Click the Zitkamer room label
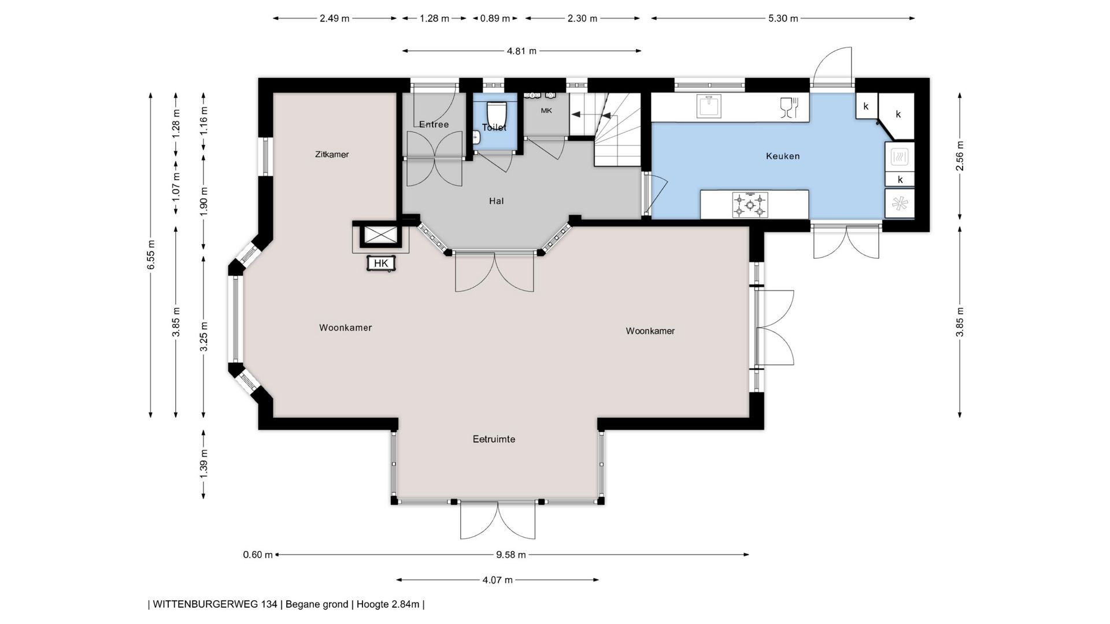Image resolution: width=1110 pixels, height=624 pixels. click(332, 154)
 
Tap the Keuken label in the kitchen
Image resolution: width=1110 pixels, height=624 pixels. click(783, 156)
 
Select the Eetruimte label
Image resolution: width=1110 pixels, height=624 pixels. click(494, 439)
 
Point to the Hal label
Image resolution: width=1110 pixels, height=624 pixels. click(496, 201)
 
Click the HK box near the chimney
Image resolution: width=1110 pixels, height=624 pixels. click(381, 263)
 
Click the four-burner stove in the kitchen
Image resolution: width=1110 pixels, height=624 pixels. click(750, 205)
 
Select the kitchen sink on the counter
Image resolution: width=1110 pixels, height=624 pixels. click(708, 106)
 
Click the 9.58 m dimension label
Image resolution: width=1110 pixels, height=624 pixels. click(511, 555)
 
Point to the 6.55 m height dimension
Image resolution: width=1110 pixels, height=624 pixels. click(151, 255)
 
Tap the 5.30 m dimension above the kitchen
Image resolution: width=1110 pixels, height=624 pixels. click(783, 18)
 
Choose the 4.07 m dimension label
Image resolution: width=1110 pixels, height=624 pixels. click(497, 580)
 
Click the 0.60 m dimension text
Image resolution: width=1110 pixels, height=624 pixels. click(257, 555)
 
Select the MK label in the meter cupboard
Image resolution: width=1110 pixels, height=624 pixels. click(546, 110)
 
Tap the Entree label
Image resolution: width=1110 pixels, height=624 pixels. click(434, 124)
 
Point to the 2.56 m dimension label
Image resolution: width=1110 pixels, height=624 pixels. click(960, 156)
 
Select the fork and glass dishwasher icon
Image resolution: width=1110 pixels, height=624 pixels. click(789, 107)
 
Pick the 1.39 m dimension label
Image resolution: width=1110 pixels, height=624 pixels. click(203, 463)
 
